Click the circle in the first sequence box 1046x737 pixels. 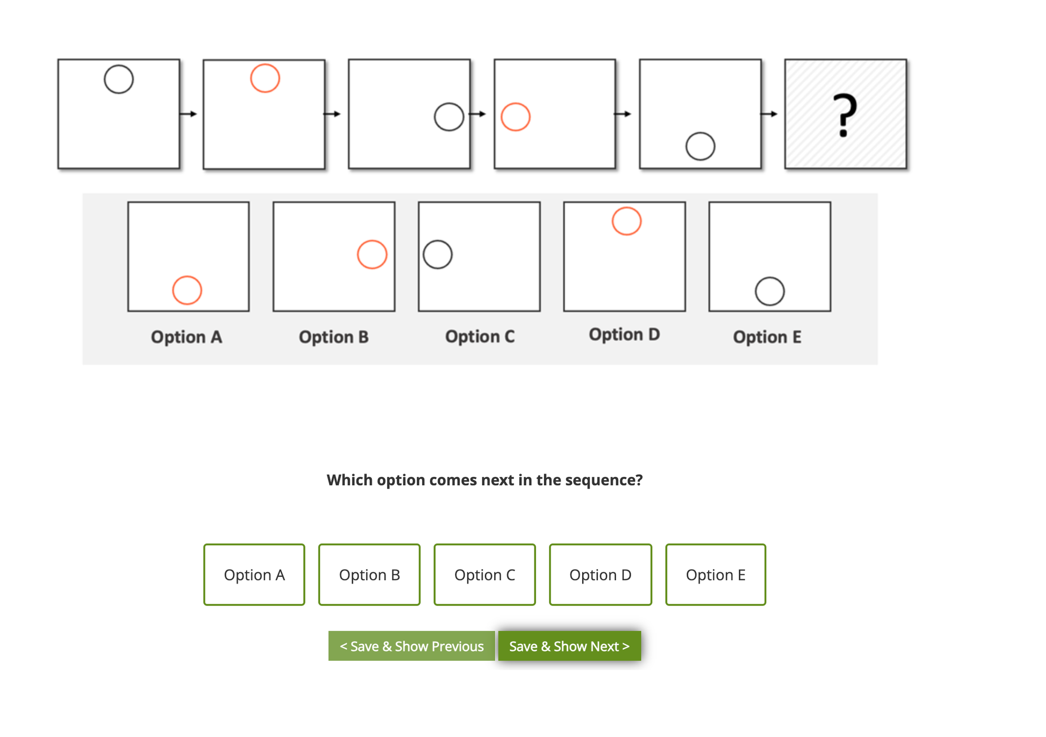[x=119, y=66]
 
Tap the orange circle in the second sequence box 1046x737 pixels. [x=265, y=65]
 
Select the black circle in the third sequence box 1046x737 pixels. [x=449, y=104]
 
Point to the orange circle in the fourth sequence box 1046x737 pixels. [x=516, y=104]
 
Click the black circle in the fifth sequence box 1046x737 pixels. [x=700, y=133]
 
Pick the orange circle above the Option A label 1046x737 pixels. [x=187, y=277]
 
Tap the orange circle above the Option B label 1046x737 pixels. [x=372, y=241]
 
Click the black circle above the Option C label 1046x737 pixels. [x=438, y=241]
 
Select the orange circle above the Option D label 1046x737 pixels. [x=627, y=208]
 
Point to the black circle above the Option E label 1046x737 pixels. [x=770, y=278]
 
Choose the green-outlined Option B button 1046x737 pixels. [x=369, y=574]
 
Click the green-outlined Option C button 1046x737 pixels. [x=485, y=574]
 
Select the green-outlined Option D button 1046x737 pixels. [x=600, y=574]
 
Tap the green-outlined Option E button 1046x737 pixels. [x=715, y=574]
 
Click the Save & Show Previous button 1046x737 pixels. [x=412, y=646]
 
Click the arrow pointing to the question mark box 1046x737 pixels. [x=769, y=114]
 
